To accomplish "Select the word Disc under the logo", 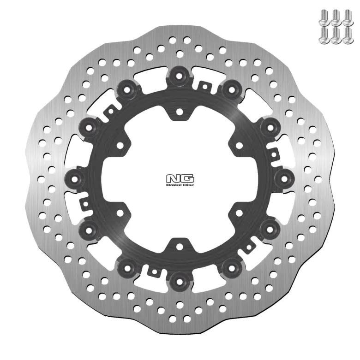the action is (188, 185).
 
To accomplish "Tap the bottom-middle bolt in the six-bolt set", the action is (336, 35).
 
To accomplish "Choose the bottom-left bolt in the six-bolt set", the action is (324, 35).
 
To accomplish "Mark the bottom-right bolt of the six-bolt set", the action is (348, 35).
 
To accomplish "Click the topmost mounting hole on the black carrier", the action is (180, 112).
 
